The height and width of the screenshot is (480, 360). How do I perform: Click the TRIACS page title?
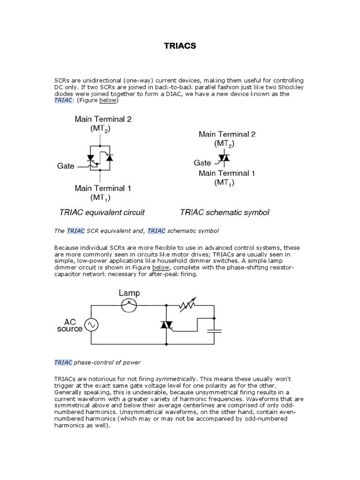[180, 46]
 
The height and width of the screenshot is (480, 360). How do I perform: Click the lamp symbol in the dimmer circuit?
[129, 306]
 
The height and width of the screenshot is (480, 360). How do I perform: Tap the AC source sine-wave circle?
[91, 324]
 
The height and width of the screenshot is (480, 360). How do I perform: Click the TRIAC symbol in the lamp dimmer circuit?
[166, 324]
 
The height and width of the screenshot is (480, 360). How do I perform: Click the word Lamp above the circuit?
[129, 293]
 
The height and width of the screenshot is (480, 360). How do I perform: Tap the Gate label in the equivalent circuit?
[66, 166]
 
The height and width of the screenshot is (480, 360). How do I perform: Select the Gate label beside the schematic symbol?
[202, 163]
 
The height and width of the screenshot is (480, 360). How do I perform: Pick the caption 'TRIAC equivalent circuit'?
[102, 212]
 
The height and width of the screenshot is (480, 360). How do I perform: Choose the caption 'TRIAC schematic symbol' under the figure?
[225, 212]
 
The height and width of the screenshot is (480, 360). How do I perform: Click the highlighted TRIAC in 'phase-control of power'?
[63, 362]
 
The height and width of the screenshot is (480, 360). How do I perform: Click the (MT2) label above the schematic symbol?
[225, 143]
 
